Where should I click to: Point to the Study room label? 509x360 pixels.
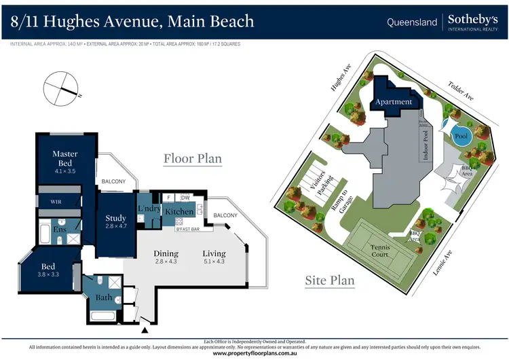(116, 219)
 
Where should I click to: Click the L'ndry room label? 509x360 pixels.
(149, 209)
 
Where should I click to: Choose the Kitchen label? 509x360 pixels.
(179, 212)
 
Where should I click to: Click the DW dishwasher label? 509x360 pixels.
(185, 197)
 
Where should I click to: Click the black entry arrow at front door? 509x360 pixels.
(145, 331)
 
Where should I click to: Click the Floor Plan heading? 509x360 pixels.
(193, 159)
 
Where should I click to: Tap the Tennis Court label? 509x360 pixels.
(381, 252)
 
